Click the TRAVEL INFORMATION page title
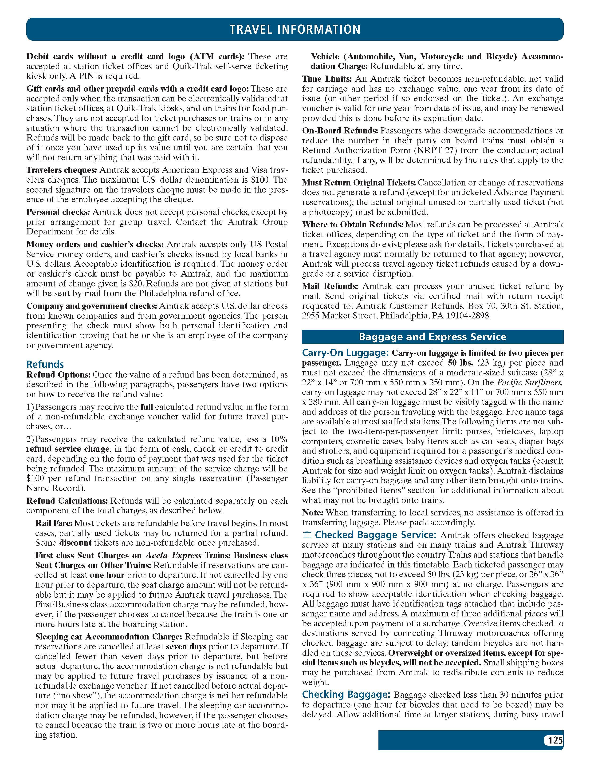[295, 29]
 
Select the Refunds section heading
[45, 364]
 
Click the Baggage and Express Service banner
[432, 337]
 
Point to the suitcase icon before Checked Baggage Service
[307, 535]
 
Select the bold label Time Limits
[327, 79]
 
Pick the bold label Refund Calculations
[67, 501]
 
